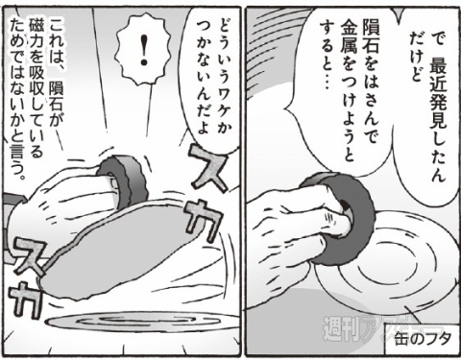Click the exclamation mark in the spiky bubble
tap(144, 50)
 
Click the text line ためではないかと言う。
tap(17, 98)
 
